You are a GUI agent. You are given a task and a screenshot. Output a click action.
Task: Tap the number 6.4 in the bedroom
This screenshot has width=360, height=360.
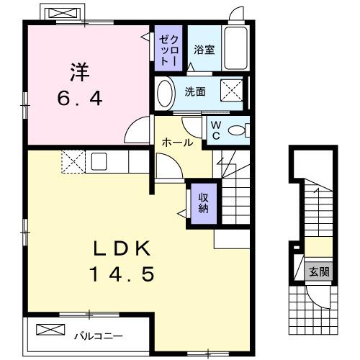click(x=79, y=99)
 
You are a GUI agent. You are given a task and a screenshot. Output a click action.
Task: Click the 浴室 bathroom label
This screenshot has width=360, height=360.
click(x=204, y=50)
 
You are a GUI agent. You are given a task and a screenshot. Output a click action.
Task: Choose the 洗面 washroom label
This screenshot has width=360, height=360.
click(x=194, y=92)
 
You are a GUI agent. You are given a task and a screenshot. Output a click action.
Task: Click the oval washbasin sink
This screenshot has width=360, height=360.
click(x=165, y=92)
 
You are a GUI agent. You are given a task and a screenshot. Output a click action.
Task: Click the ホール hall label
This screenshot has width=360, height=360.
click(x=177, y=143)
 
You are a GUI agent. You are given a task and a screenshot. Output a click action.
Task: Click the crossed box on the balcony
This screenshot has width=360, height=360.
click(x=51, y=330)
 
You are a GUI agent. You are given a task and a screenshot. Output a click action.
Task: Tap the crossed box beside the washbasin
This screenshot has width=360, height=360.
click(x=231, y=92)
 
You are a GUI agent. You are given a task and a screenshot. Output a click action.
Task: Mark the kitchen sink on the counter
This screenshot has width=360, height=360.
click(x=98, y=161)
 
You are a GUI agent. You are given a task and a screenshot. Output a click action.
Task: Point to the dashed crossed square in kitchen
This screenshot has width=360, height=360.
click(x=73, y=161)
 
